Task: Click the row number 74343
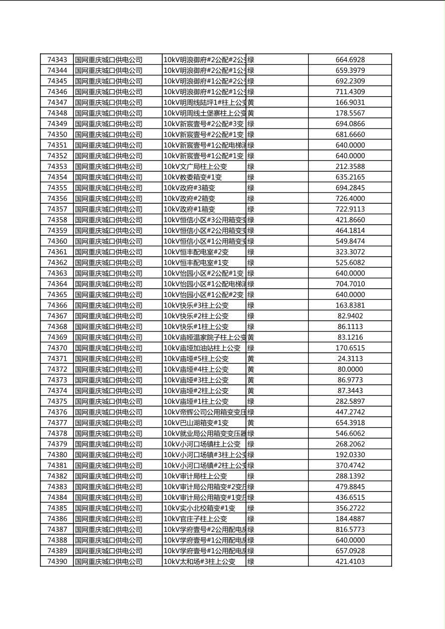coord(57,60)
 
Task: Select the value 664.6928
coord(350,60)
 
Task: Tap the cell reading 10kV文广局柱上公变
coord(195,166)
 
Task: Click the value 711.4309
coord(350,92)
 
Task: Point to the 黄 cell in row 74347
coord(251,103)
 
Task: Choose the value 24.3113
coord(350,359)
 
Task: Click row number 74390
coord(57,562)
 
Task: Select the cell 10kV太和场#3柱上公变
coord(199,562)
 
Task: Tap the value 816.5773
coord(350,530)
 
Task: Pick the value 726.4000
coord(350,199)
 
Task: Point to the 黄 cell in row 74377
coord(251,423)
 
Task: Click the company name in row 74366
coord(109,306)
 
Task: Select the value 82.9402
coord(350,316)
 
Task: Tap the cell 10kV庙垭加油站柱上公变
coord(202,348)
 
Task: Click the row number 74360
coord(57,241)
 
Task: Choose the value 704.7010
coord(350,284)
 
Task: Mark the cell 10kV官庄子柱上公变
coord(195,519)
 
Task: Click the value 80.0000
coord(350,369)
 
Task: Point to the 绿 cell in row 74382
coord(251,476)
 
